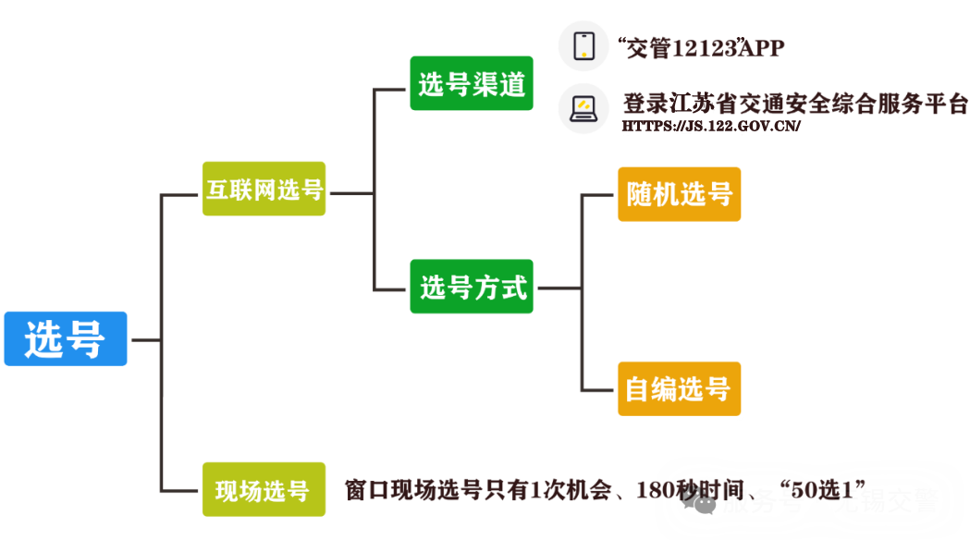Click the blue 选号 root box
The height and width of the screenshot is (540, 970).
pyautogui.click(x=66, y=338)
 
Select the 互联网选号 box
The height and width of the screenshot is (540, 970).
pyautogui.click(x=264, y=190)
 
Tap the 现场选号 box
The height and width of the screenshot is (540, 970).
pyautogui.click(x=264, y=490)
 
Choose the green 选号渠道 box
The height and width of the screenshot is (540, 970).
pyautogui.click(x=472, y=84)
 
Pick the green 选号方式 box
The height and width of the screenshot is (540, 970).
pyautogui.click(x=473, y=288)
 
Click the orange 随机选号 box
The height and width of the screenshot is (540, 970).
pyautogui.click(x=679, y=194)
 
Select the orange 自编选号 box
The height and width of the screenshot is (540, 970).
pyautogui.click(x=679, y=389)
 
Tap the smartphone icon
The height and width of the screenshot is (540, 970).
pyautogui.click(x=583, y=45)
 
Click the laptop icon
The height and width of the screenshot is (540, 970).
pyautogui.click(x=583, y=108)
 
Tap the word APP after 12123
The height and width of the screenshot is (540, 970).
pyautogui.click(x=763, y=48)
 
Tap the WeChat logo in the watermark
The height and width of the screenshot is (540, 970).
pyautogui.click(x=706, y=503)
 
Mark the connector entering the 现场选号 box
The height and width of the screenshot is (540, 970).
pyautogui.click(x=180, y=490)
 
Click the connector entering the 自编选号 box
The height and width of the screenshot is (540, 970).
pyautogui.click(x=596, y=389)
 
